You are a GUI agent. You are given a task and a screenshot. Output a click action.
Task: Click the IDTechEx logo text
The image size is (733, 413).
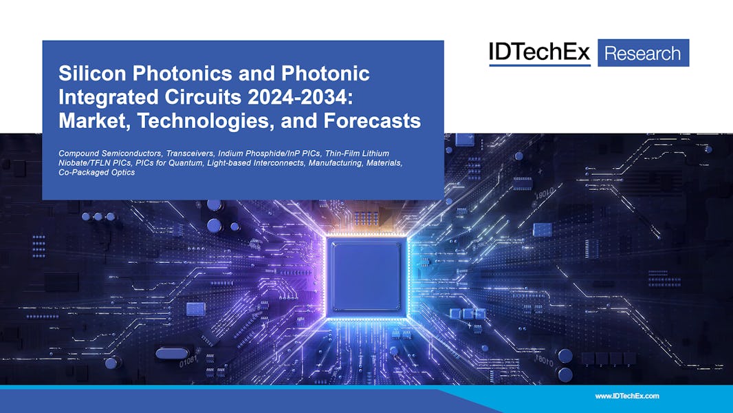pos(539,52)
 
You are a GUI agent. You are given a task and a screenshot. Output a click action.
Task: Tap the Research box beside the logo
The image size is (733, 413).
pos(642,53)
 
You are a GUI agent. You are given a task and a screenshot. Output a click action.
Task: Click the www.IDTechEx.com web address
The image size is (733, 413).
pos(626,396)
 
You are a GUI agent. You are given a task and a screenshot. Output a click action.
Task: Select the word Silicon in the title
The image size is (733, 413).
pos(85,74)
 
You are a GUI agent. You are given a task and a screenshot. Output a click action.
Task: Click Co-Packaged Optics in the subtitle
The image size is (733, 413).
pos(97,172)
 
